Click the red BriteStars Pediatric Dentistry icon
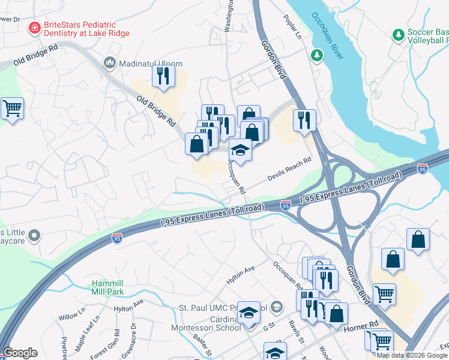click(x=35, y=28)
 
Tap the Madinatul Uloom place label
click(x=142, y=63)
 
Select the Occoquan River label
click(x=327, y=29)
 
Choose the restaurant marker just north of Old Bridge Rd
click(x=163, y=76)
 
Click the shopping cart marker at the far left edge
click(x=12, y=109)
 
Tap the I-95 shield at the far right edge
click(x=423, y=169)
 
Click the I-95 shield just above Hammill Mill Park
click(x=118, y=239)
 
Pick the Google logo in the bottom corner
click(x=20, y=353)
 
